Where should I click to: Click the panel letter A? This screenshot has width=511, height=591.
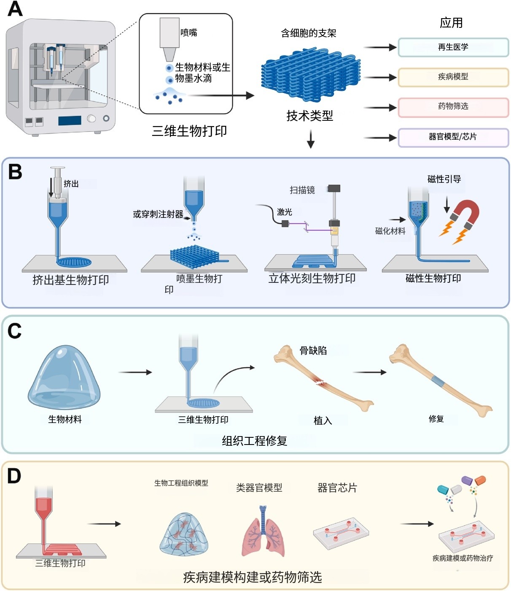15,9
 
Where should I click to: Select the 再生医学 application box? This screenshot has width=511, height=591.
453,47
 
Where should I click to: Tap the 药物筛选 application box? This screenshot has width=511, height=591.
453,107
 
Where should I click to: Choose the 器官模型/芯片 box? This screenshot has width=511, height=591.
453,137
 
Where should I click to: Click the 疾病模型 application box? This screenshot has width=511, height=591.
453,77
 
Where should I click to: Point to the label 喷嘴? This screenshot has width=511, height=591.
188,33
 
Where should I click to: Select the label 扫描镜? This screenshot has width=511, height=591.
302,190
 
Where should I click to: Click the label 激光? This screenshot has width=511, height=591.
285,212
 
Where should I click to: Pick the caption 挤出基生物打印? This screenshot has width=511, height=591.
71,279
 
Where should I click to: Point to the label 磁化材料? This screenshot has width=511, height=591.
390,231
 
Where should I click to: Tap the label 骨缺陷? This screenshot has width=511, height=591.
313,350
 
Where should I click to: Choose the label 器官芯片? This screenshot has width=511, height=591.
337,488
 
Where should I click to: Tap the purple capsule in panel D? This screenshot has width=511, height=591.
467,480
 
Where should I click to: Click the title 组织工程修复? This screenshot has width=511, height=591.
255,441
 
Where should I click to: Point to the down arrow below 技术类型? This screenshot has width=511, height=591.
311,139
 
